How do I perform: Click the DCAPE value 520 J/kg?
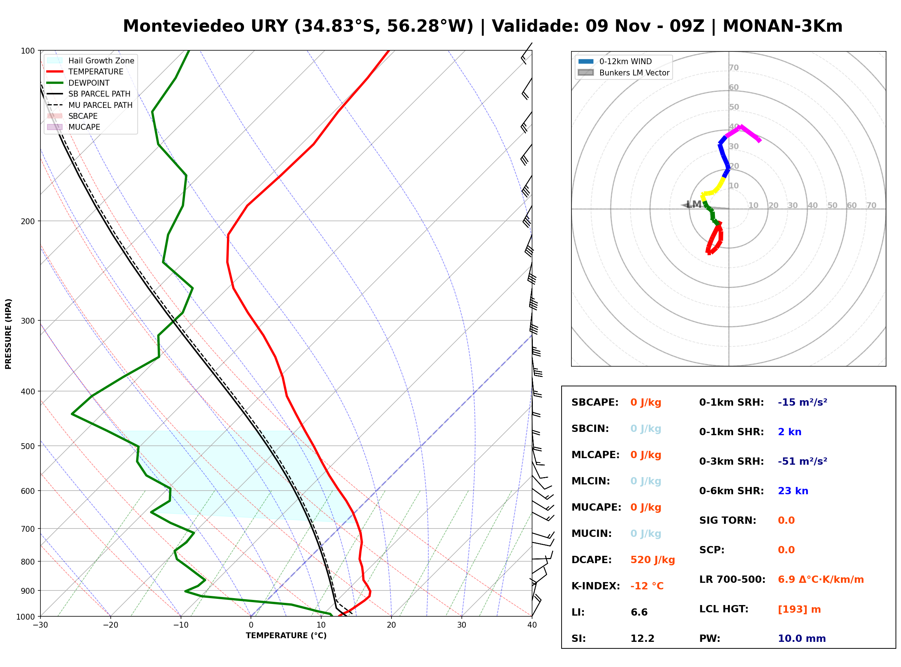tap(652, 559)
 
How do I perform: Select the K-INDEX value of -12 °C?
tap(646, 586)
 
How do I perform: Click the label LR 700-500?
tap(732, 580)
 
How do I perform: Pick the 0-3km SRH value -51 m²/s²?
tap(802, 461)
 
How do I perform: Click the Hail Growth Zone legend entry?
tap(91, 61)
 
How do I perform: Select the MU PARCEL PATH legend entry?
tap(90, 105)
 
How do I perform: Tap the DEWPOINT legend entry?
tap(78, 83)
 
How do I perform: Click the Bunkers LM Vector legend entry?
tap(623, 73)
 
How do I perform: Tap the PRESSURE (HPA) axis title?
tap(8, 333)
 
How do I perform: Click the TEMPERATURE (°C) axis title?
tap(286, 636)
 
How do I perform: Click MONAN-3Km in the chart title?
tap(782, 26)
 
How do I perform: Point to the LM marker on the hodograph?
tap(694, 204)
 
